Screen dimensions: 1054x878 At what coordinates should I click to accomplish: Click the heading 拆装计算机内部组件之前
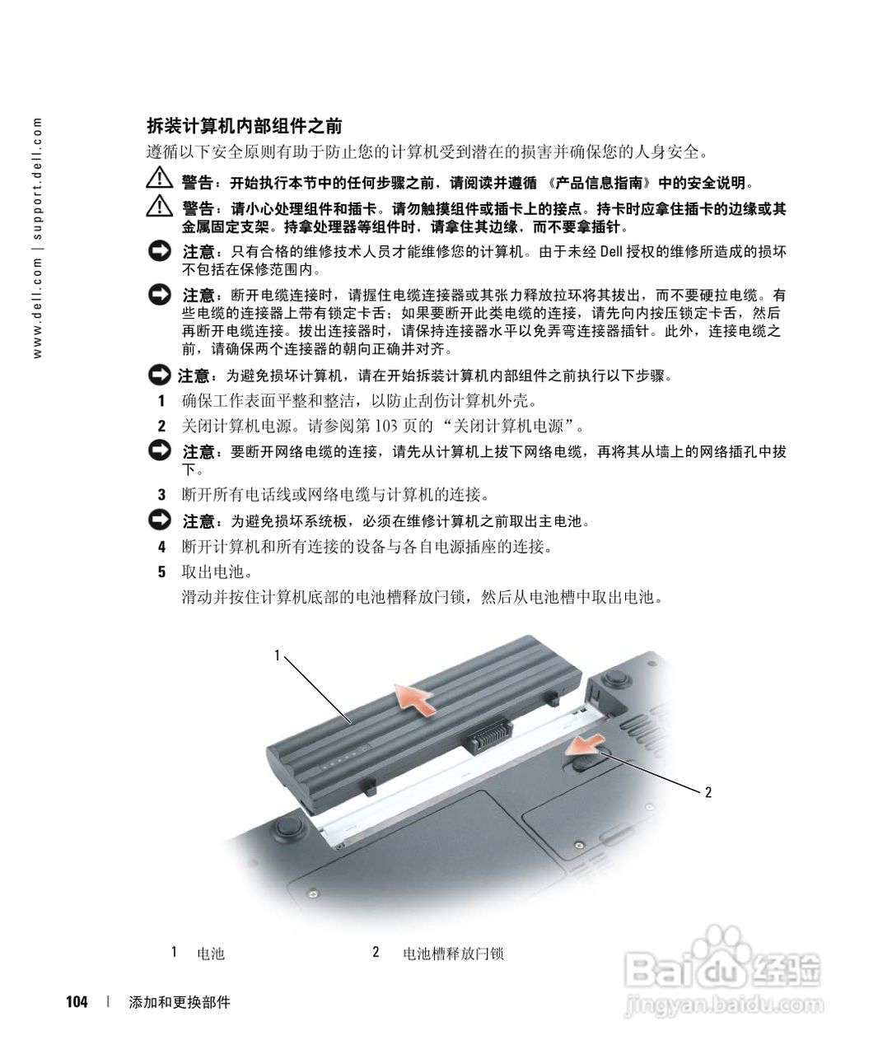[x=244, y=126]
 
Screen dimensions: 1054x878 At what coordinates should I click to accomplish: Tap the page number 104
[x=77, y=1002]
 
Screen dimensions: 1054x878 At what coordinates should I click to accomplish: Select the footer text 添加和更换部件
[x=180, y=1002]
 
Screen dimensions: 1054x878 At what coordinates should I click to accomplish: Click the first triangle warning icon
[x=156, y=180]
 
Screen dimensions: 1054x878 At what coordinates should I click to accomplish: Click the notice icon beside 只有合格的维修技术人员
[x=159, y=250]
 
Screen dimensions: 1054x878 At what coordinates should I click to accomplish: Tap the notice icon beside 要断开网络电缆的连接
[x=159, y=450]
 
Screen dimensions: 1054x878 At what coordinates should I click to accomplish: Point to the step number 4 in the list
[x=162, y=547]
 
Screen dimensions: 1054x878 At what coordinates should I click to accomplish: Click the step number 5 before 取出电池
[x=162, y=571]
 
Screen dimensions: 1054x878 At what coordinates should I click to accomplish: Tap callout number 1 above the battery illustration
[x=278, y=655]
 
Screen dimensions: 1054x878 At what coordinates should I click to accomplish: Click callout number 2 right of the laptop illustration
[x=708, y=792]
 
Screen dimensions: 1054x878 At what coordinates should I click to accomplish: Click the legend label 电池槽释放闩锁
[x=453, y=954]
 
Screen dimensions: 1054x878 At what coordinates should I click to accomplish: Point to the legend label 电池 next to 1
[x=211, y=954]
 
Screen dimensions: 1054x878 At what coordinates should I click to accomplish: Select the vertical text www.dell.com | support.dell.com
[x=36, y=239]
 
